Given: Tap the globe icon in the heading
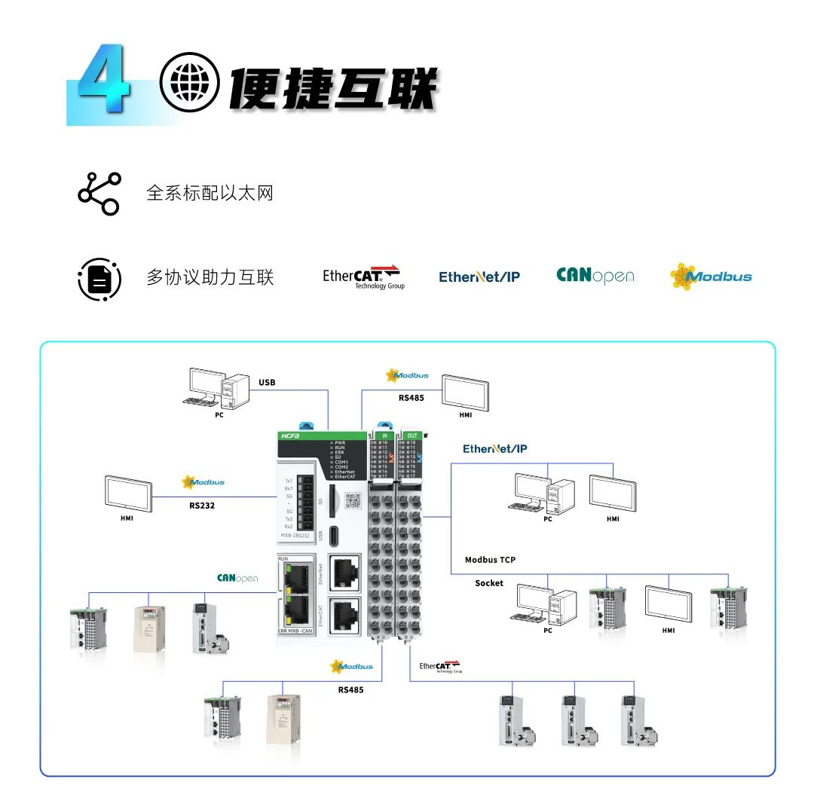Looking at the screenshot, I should (189, 82).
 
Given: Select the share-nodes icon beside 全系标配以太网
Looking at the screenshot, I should (99, 194).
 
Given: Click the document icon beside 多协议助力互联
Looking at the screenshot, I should (99, 279).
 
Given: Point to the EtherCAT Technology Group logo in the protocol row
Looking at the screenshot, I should (363, 277).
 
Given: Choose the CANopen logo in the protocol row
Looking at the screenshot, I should (595, 277).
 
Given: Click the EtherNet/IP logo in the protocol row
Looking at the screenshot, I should (479, 277).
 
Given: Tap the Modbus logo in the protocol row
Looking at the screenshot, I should (711, 277).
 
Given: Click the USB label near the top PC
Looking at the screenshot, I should (267, 382).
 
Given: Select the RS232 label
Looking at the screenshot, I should (202, 506).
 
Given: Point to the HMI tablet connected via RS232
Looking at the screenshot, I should (128, 494).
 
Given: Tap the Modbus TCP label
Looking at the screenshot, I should (490, 560).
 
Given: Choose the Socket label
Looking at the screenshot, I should (489, 583).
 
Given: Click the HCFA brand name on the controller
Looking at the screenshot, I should (291, 436).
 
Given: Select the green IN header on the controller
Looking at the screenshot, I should (384, 436).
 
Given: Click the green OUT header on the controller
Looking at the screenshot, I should (412, 436).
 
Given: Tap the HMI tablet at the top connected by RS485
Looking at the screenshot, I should (466, 391).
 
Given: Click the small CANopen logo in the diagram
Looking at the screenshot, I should (237, 579).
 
